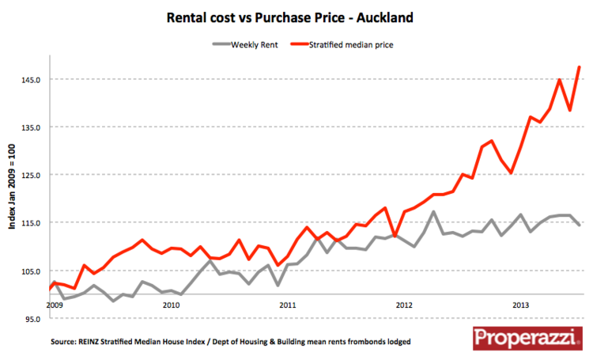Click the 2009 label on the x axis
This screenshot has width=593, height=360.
coord(54,304)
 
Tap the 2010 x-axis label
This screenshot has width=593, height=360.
coord(170,304)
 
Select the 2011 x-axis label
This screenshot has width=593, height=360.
coord(287,304)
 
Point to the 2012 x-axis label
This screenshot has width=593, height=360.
coord(404,304)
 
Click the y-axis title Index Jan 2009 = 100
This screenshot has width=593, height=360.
coord(13,186)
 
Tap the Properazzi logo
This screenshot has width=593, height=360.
coord(523,339)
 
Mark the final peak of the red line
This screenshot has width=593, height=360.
coord(580,67)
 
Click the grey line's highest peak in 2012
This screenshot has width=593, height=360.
coord(433,211)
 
